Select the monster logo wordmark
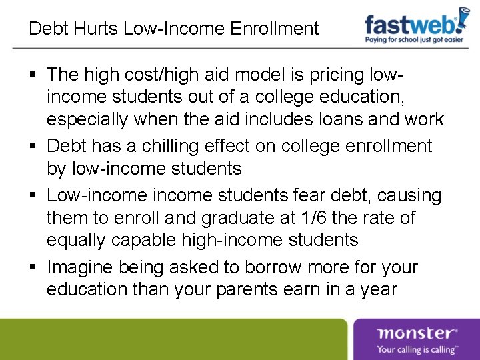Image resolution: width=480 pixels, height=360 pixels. (x=417, y=333)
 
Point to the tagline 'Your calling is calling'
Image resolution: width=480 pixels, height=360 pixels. (x=417, y=349)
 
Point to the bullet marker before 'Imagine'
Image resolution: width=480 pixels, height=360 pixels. (x=33, y=268)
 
